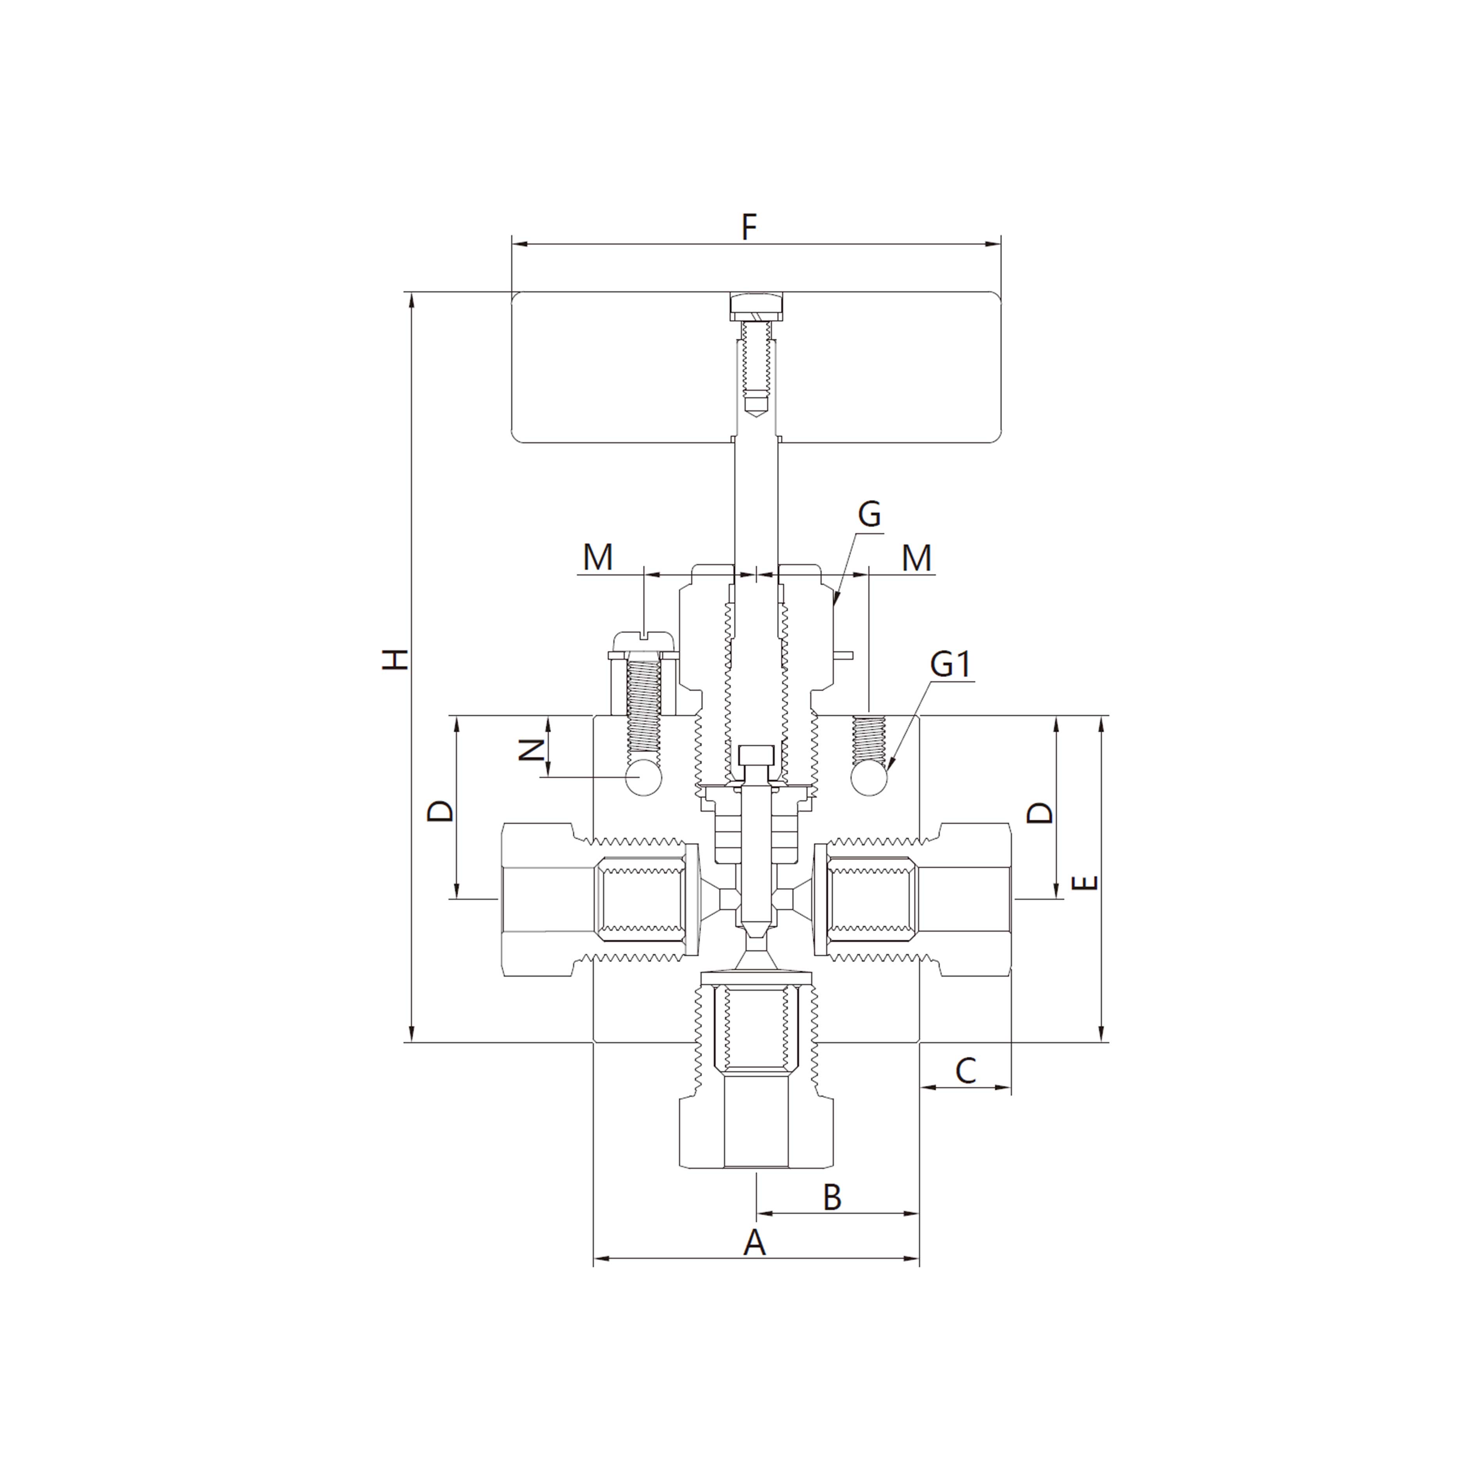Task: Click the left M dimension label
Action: (x=598, y=558)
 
